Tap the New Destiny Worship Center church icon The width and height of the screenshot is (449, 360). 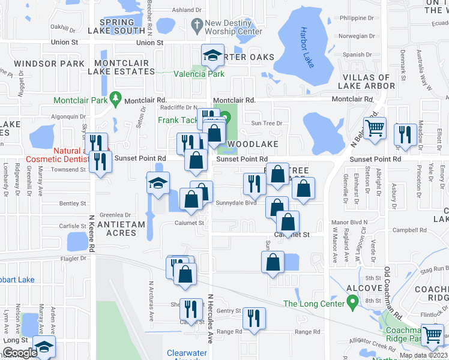click(x=196, y=25)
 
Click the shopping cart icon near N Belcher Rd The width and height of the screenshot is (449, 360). click(x=375, y=128)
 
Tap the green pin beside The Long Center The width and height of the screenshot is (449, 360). click(x=352, y=300)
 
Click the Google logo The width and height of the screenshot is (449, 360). click(x=19, y=353)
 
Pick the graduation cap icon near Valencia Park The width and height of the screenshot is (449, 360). click(x=211, y=56)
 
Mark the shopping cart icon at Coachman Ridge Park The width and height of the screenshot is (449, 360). click(x=433, y=335)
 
